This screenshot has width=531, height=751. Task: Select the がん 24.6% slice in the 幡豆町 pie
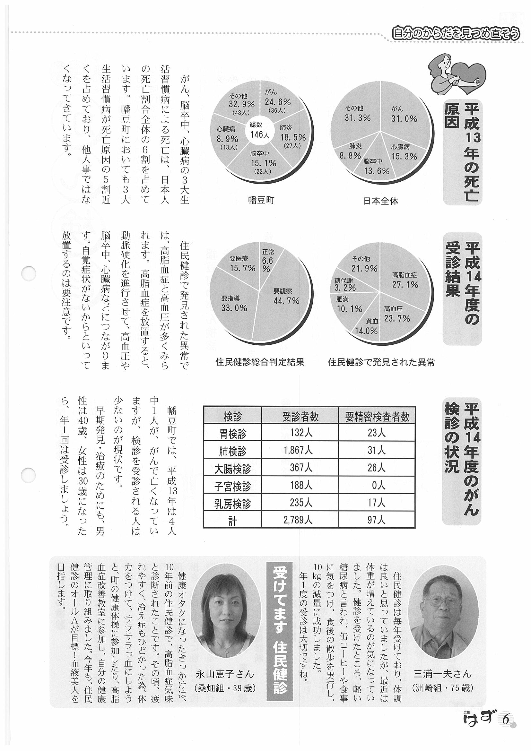(277, 102)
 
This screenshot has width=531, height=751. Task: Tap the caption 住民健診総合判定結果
(260, 362)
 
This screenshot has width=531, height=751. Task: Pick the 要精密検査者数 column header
(377, 416)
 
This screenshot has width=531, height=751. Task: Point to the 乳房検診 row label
(232, 503)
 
